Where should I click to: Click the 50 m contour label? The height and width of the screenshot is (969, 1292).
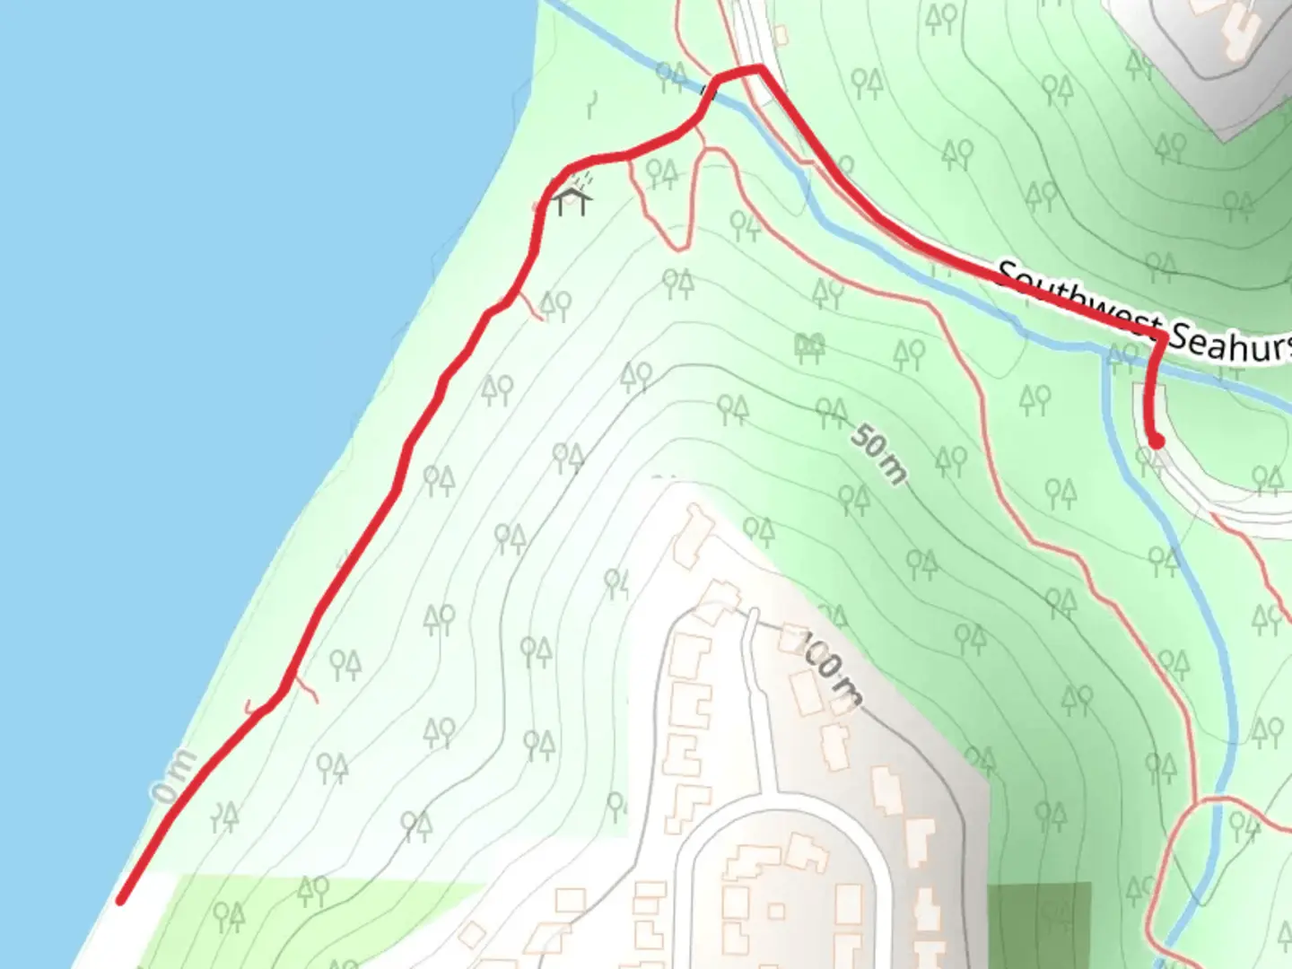[x=877, y=453]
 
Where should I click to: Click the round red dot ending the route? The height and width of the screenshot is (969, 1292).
[x=1157, y=441]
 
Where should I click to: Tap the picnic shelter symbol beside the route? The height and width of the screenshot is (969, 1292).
[x=572, y=199]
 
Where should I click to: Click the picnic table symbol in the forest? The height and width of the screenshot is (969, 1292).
[x=809, y=346]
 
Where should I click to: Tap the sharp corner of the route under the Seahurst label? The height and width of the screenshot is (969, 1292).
[x=1163, y=337]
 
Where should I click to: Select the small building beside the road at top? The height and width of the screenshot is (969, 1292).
[x=780, y=34]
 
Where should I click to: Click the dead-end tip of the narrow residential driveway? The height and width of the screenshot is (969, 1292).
[x=752, y=614]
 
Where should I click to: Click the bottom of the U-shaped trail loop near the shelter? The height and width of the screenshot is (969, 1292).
[x=677, y=244]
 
